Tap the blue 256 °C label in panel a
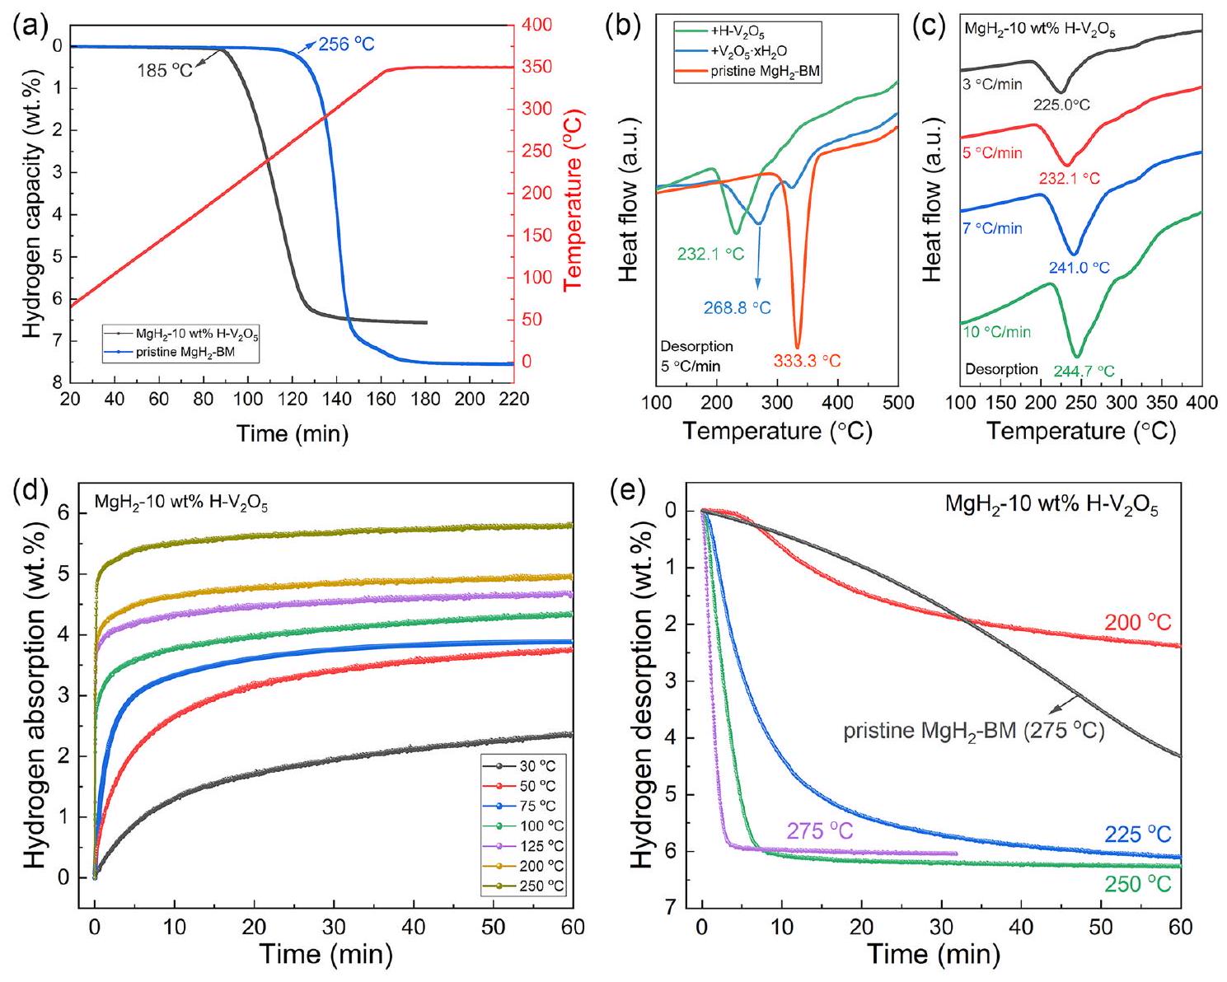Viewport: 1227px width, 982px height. point(346,44)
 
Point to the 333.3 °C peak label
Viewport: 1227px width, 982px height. point(808,360)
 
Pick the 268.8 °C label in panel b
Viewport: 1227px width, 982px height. point(737,308)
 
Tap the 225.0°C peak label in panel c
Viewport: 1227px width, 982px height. point(1063,105)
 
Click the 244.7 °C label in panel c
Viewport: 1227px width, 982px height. point(1084,372)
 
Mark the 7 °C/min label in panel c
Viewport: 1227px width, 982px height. point(993,227)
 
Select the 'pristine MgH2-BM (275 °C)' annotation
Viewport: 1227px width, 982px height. point(973,731)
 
